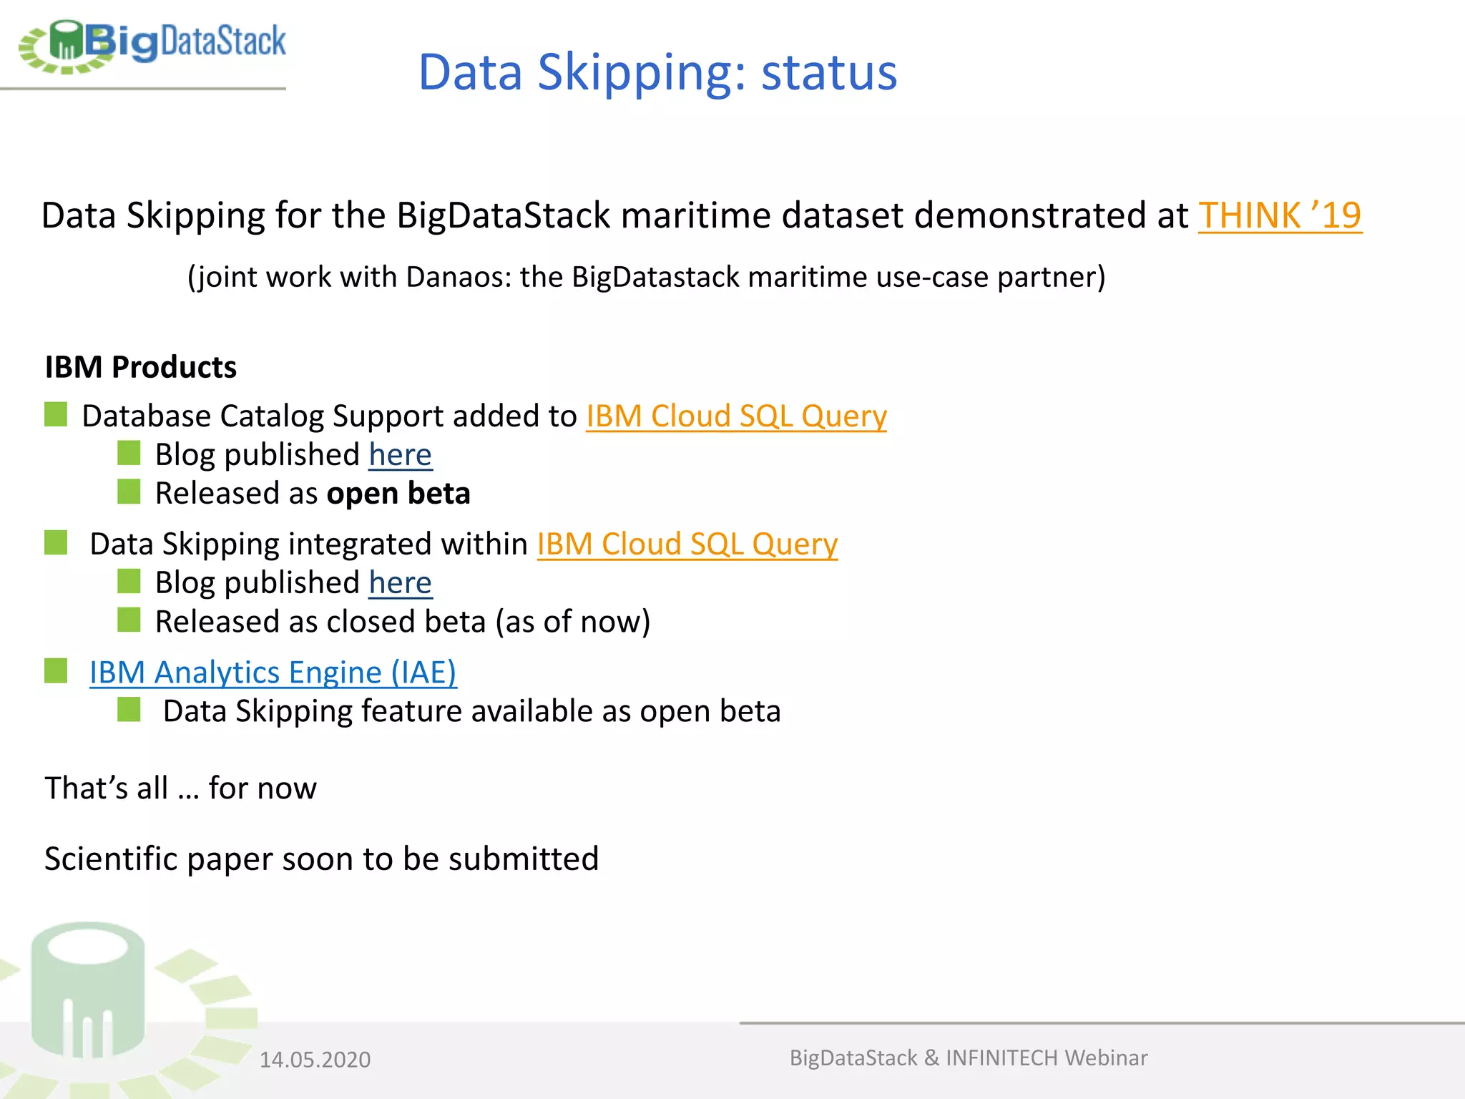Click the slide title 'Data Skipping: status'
coord(657,72)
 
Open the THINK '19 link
coord(1279,215)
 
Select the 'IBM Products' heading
coord(140,367)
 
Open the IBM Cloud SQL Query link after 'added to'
coord(736,416)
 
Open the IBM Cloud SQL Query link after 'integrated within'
coord(687,544)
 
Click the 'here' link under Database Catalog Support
coord(400,455)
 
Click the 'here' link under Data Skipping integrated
coord(400,583)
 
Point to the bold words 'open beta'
coord(398,494)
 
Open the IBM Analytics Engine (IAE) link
coord(273,673)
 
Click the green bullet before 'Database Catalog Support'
coord(56,414)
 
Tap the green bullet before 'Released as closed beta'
coord(129,620)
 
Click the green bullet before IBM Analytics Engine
coord(56,671)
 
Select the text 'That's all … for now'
coord(180,788)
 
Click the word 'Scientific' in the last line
coord(110,859)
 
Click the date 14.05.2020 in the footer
coord(315,1060)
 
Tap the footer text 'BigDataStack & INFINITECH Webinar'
coord(968,1058)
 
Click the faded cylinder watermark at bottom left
coord(88,991)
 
